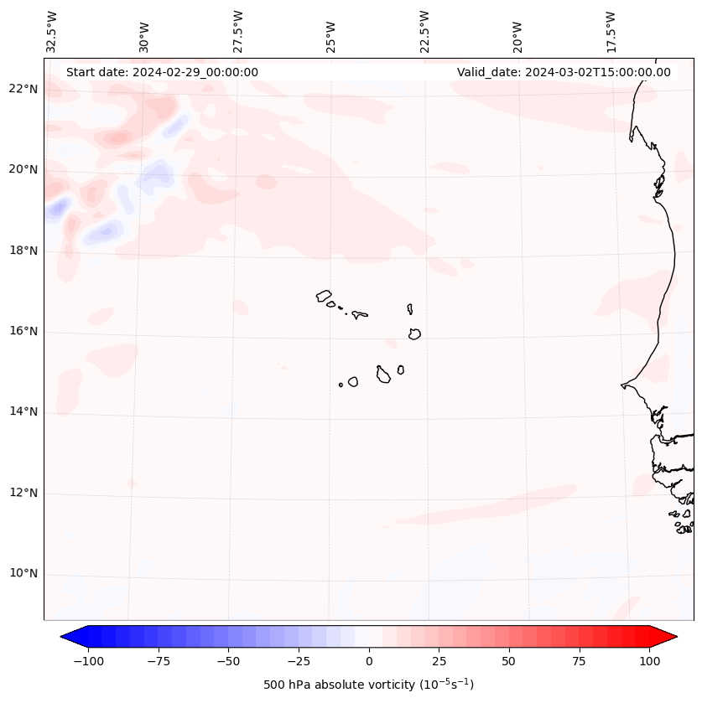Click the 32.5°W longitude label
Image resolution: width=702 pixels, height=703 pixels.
click(52, 32)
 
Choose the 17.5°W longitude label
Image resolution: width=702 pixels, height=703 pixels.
click(611, 32)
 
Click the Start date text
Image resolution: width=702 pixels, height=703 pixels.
click(162, 72)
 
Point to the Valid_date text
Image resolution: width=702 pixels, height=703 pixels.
click(564, 72)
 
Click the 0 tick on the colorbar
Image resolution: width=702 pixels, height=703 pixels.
click(369, 661)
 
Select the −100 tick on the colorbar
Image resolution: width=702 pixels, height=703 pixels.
click(88, 661)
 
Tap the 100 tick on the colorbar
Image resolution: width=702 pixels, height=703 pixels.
click(649, 661)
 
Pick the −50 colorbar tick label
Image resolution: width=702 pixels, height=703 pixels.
click(228, 661)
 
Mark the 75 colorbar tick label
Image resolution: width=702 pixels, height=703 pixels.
click(580, 661)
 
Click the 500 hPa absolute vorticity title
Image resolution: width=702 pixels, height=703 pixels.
click(369, 685)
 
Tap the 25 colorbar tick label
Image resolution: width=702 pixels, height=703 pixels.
click(439, 661)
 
